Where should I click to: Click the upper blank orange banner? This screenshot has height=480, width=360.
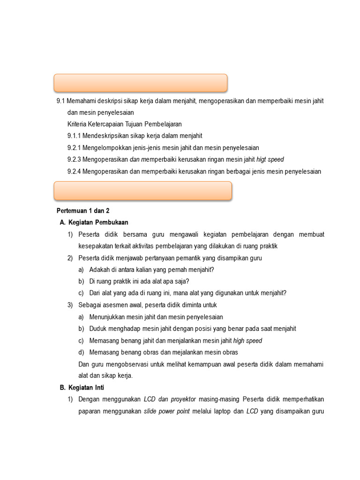(141, 82)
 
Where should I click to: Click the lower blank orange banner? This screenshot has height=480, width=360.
(143, 191)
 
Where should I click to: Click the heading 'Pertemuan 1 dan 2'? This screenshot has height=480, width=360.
(82, 211)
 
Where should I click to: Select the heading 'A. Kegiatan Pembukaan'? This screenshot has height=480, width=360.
(94, 222)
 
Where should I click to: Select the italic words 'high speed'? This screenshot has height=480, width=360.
(247, 341)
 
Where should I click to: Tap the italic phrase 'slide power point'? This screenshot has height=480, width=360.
(166, 411)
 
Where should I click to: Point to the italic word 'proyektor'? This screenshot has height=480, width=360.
(183, 399)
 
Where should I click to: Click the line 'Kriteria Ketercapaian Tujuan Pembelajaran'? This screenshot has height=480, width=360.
(124, 124)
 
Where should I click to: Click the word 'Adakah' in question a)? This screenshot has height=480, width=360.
(100, 270)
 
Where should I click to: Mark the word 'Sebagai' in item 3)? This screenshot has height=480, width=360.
(90, 305)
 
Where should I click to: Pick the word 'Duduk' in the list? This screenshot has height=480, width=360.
(97, 329)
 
